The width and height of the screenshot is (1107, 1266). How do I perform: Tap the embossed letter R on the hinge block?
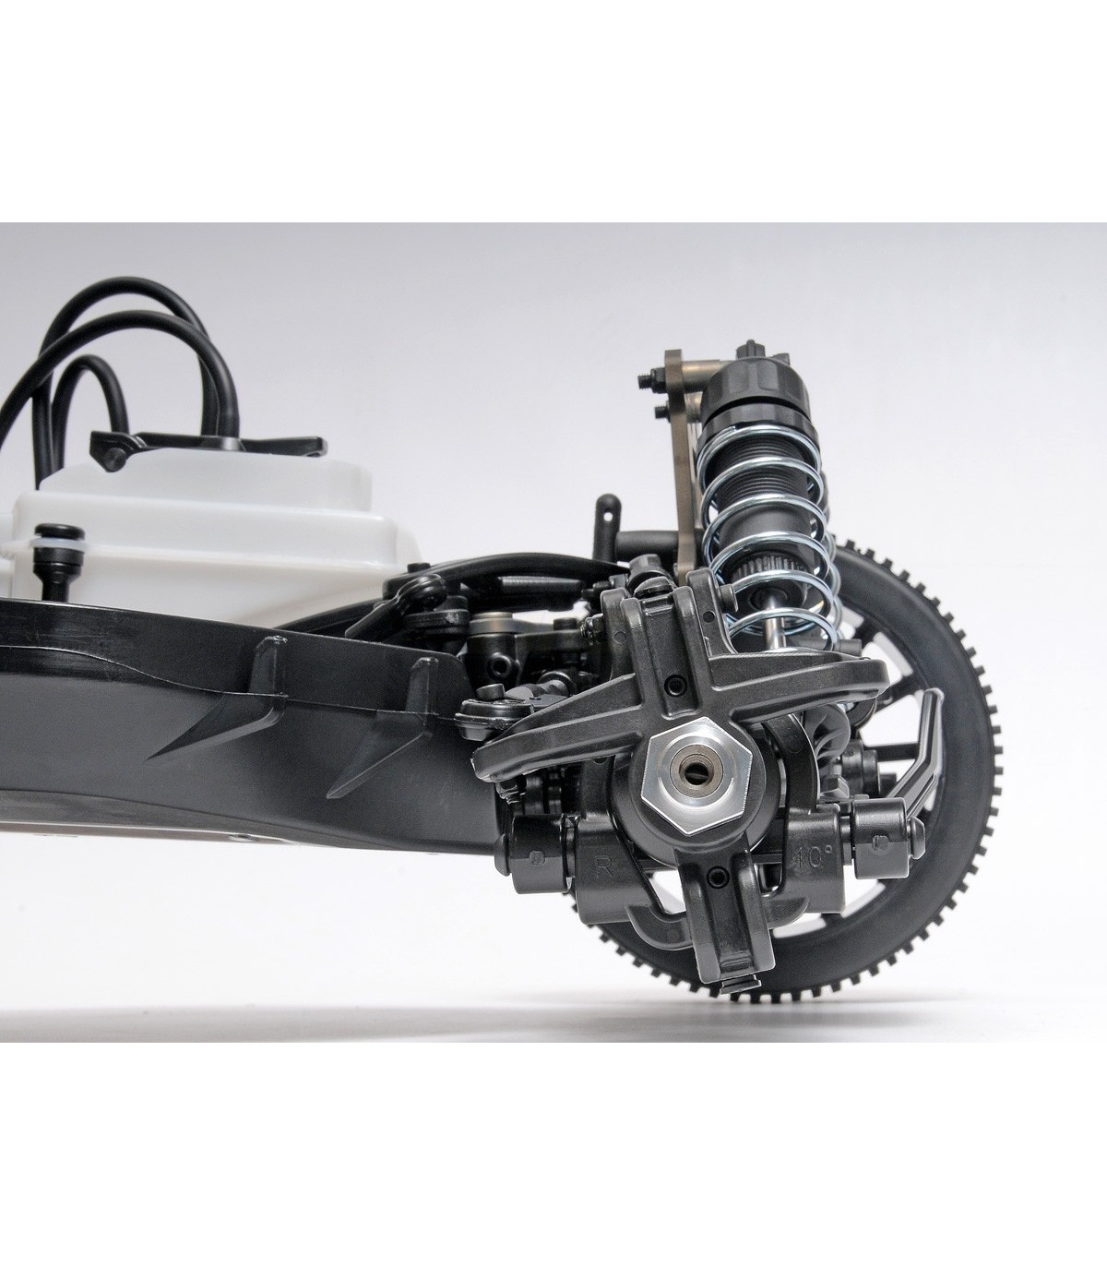tap(603, 866)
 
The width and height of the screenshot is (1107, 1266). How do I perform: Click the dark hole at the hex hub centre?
tap(692, 770)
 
